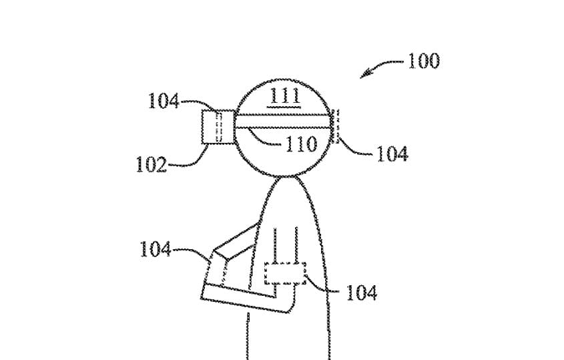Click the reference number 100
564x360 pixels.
coord(423,61)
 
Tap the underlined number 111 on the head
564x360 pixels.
coord(285,96)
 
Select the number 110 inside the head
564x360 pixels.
coord(302,144)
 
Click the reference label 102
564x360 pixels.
coord(152,164)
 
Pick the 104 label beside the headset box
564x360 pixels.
coord(164,100)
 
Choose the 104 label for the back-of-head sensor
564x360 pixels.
coord(392,154)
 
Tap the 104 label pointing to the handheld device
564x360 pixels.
coord(155,248)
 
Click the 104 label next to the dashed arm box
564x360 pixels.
coord(362,293)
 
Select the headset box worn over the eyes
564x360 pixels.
coord(218,127)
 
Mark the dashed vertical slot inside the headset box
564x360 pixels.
coord(218,127)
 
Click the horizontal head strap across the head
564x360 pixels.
coord(283,122)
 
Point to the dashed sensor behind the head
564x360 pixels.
coord(336,126)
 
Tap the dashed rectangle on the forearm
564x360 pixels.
coord(285,274)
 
